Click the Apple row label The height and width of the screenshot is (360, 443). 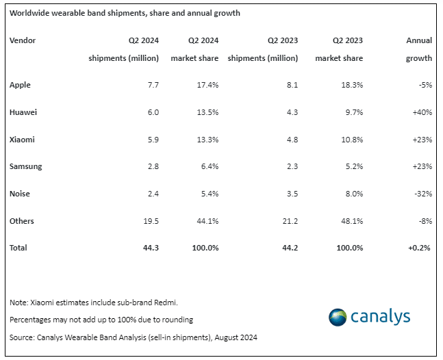[x=20, y=85]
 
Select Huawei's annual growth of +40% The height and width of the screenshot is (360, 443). [x=422, y=112]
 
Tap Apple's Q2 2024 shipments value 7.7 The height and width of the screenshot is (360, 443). [x=153, y=85]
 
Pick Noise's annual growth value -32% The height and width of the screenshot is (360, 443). [x=423, y=194]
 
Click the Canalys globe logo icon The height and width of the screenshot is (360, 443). [x=338, y=318]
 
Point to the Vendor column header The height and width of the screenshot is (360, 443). [x=23, y=40]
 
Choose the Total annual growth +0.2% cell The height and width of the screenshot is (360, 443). [x=419, y=248]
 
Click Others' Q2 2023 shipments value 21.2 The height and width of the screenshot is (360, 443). [x=290, y=221]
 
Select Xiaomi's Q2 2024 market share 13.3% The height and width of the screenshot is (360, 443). [x=207, y=140]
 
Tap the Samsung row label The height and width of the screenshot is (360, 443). [x=26, y=166]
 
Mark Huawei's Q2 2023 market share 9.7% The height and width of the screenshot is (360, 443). [x=354, y=112]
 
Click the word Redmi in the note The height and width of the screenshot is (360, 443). [x=166, y=303]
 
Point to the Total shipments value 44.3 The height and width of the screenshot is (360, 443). [x=151, y=248]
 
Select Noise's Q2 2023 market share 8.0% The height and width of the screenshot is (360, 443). [x=354, y=194]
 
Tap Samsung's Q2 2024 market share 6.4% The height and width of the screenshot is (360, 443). [x=210, y=166]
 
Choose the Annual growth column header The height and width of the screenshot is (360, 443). [x=419, y=49]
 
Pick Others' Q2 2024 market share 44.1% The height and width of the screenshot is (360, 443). [x=207, y=221]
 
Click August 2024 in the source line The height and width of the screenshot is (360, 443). [x=236, y=337]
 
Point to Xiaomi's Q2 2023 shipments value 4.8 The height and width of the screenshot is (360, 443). [x=292, y=140]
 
